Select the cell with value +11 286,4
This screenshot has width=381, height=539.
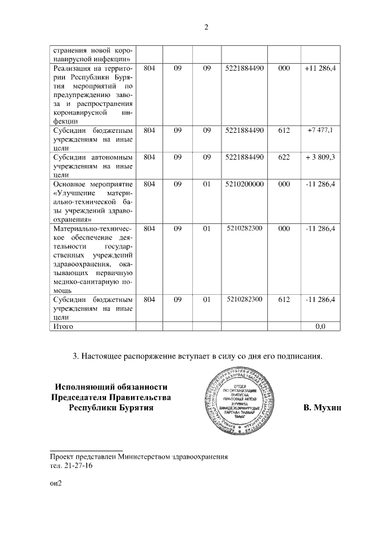click(x=320, y=69)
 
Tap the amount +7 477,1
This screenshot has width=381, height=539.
click(x=320, y=130)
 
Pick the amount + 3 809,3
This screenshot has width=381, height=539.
click(x=320, y=157)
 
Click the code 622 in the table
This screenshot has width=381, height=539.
click(x=284, y=157)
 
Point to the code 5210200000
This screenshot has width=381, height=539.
click(x=245, y=185)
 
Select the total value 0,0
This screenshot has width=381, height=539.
click(x=320, y=326)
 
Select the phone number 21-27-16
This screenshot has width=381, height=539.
click(x=79, y=466)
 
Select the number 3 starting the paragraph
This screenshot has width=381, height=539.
click(x=75, y=357)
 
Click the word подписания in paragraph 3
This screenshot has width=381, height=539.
click(x=299, y=357)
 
